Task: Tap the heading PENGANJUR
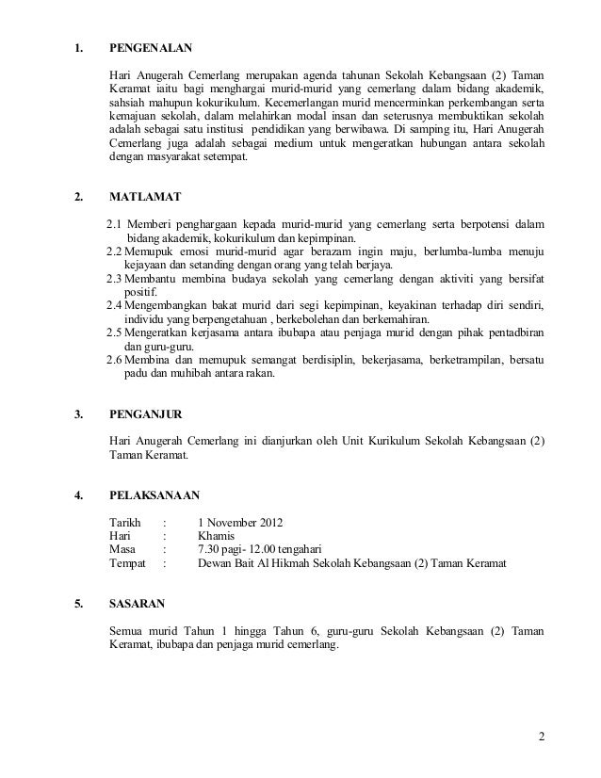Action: [147, 413]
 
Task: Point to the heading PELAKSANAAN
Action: [154, 494]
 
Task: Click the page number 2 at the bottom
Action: [542, 736]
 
